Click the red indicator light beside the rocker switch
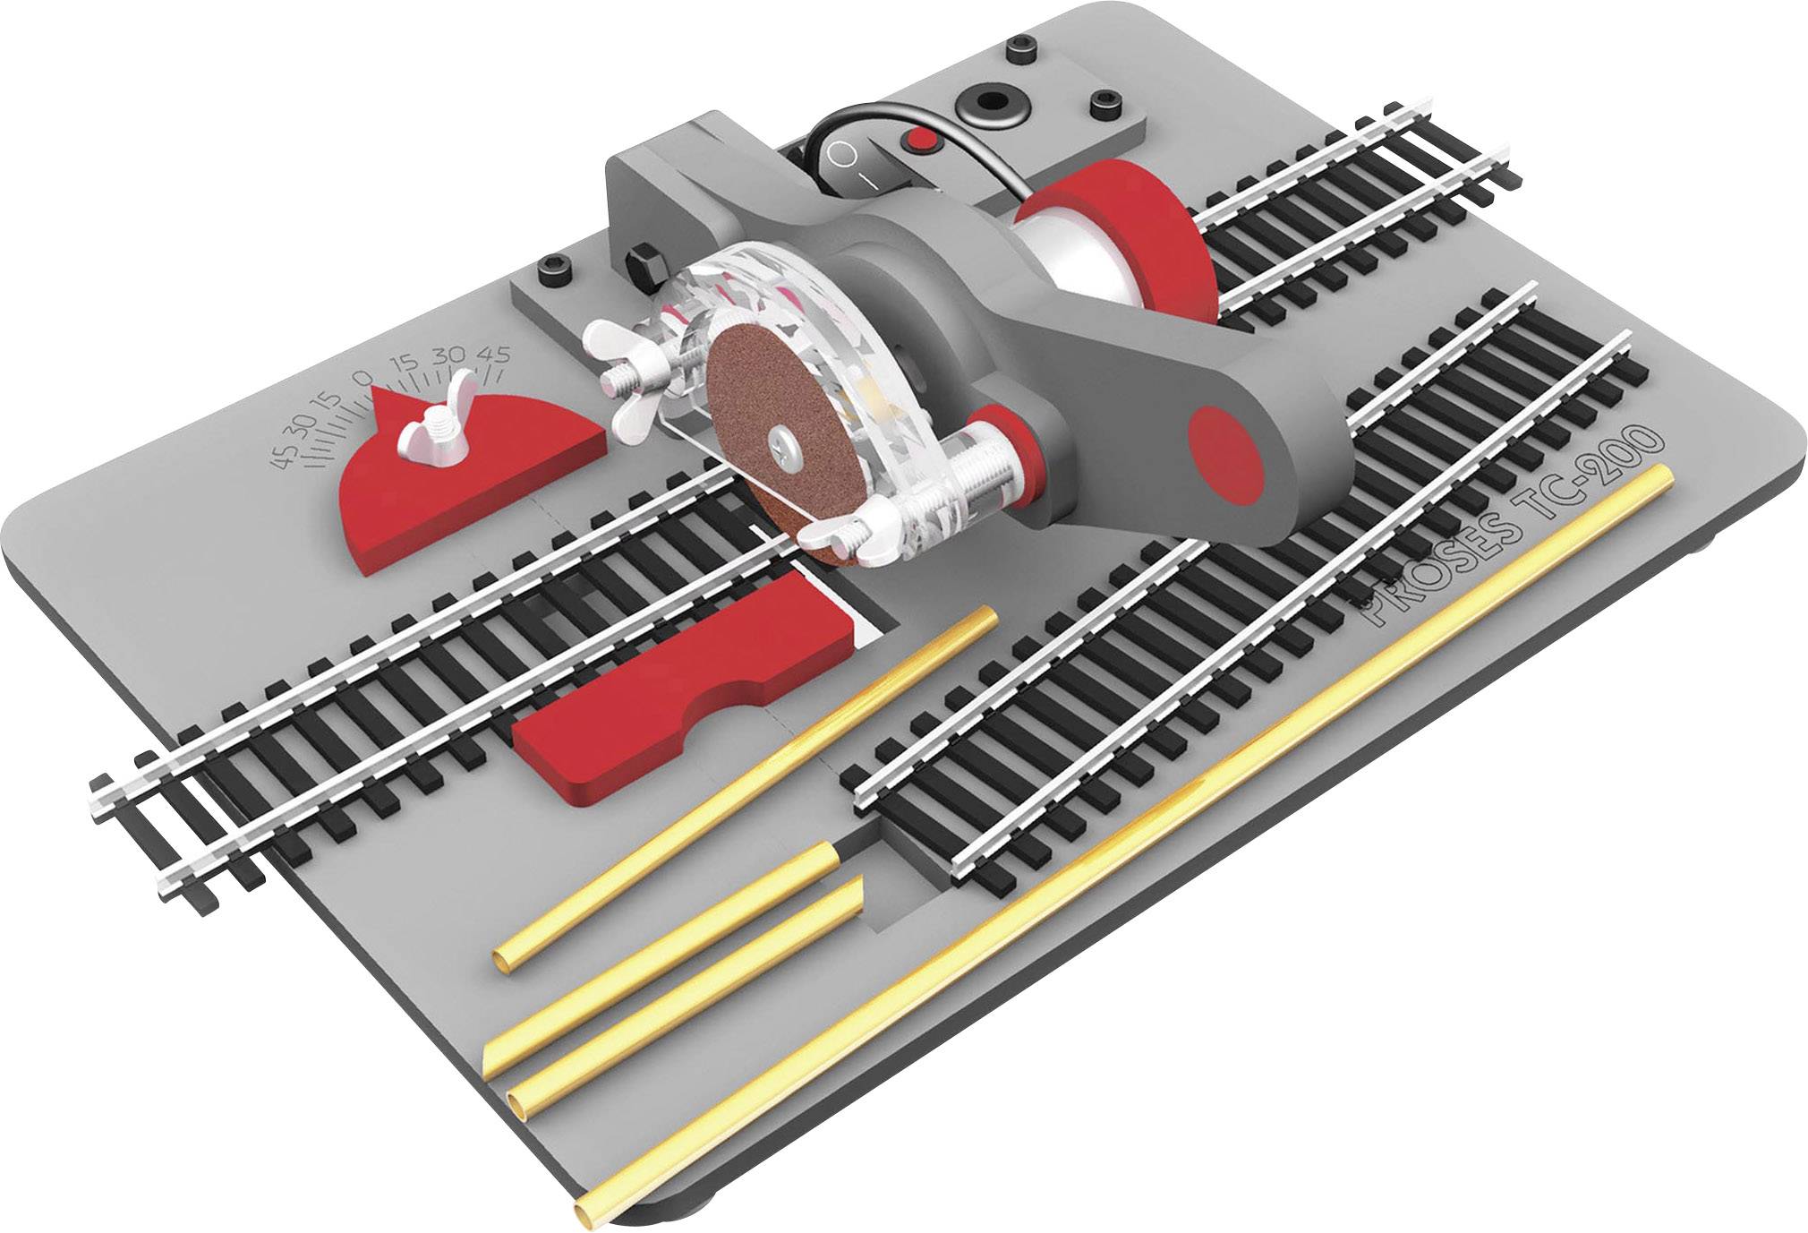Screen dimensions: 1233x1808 [921, 141]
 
